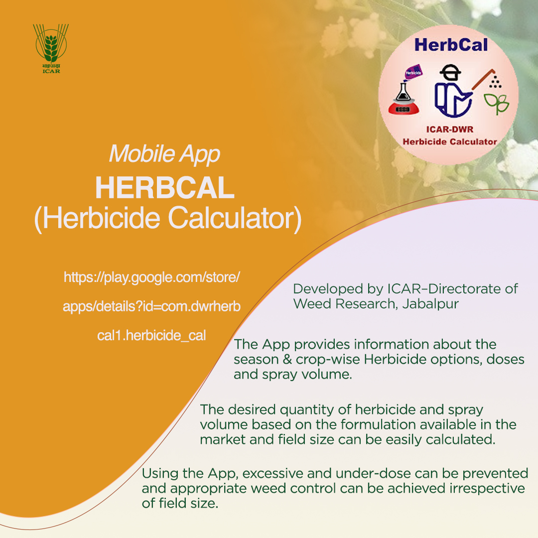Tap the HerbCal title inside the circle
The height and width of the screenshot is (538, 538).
coord(451,45)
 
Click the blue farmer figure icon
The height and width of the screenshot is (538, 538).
coord(450,92)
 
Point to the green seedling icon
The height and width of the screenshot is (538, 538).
coord(497,103)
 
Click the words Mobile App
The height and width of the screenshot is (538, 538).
coord(164,154)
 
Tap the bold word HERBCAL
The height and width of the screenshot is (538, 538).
coord(165,188)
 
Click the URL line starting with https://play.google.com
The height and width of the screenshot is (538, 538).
coord(152,277)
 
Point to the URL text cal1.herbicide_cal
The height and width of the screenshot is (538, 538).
coord(151,335)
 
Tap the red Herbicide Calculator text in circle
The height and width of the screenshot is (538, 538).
coord(450,141)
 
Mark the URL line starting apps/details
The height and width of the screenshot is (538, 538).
coord(151,307)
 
